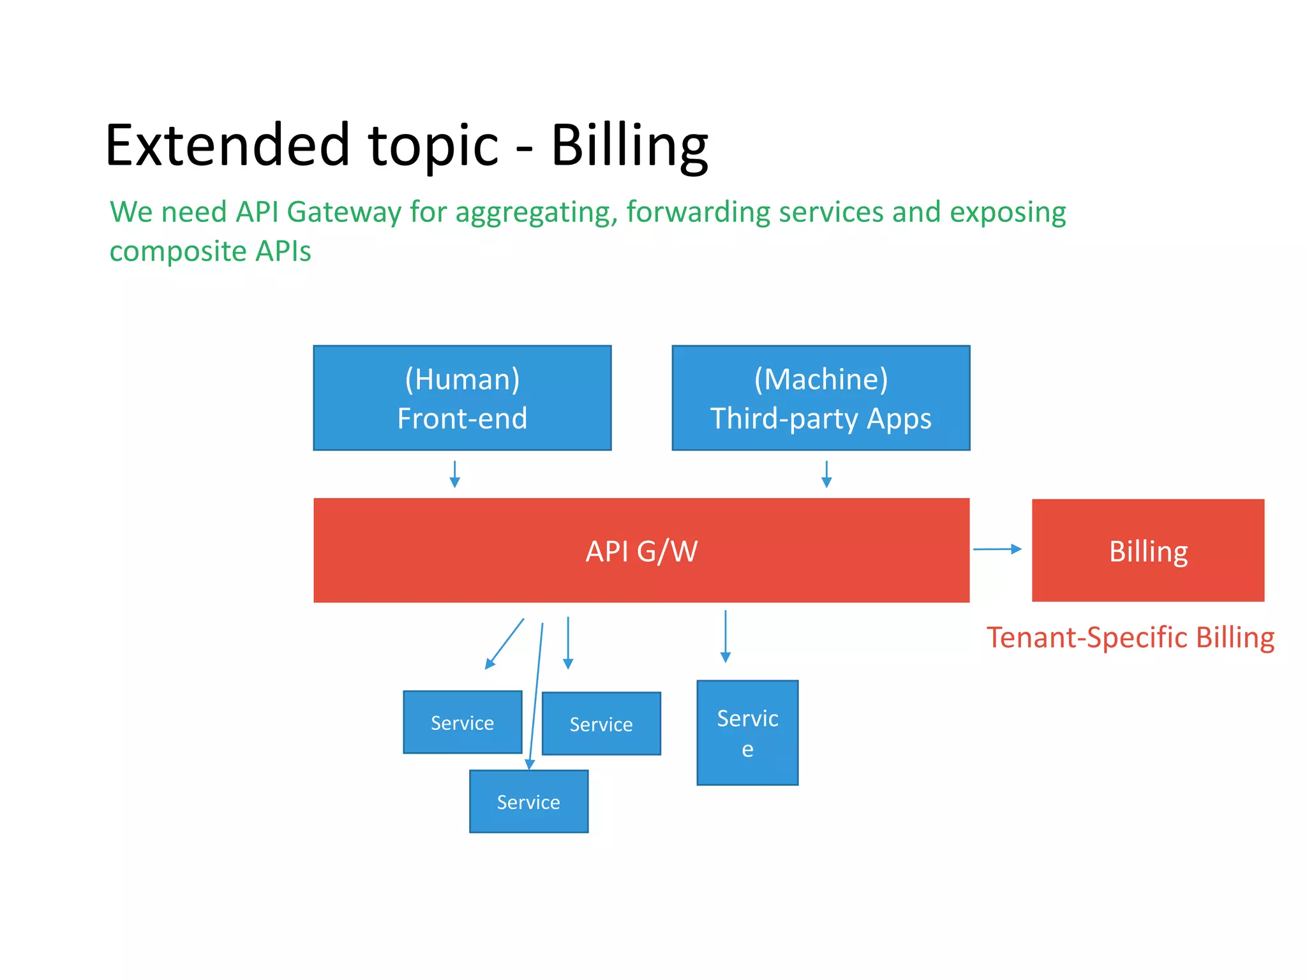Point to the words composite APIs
[x=210, y=251]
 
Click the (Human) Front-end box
[x=462, y=398]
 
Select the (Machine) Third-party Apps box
[x=821, y=398]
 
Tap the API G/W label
[x=641, y=551]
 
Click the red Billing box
[x=1147, y=551]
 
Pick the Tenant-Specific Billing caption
[x=1130, y=637]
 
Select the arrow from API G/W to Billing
[x=997, y=549]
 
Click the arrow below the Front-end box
[x=454, y=474]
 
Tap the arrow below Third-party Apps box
[x=826, y=474]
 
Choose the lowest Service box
[x=528, y=801]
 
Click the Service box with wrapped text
[x=747, y=732]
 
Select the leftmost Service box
[x=462, y=722]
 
